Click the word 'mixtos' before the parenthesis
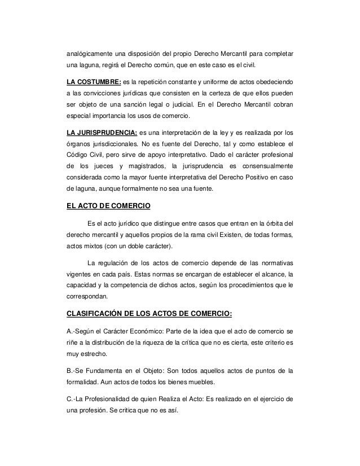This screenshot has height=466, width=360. click(96, 247)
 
